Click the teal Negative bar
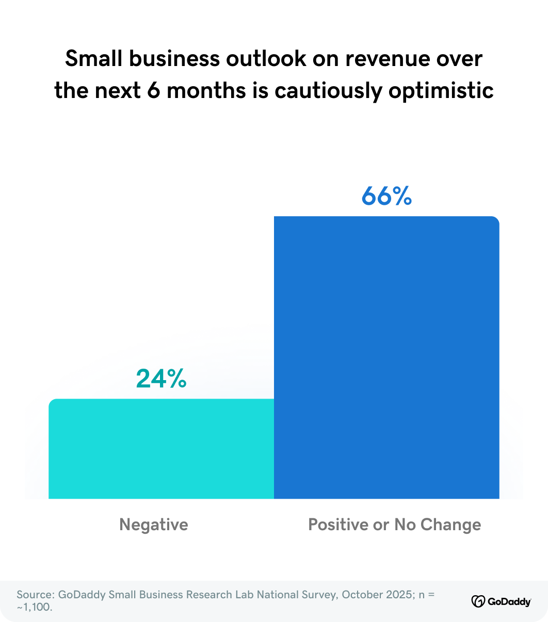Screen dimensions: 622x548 pyautogui.click(x=161, y=448)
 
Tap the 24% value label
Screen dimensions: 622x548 pyautogui.click(x=161, y=379)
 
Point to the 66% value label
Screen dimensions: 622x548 pyautogui.click(x=386, y=196)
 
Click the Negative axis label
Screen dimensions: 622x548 pyautogui.click(x=154, y=525)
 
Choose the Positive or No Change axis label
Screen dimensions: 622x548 pyautogui.click(x=395, y=525)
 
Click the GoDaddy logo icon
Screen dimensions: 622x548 pyautogui.click(x=478, y=601)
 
